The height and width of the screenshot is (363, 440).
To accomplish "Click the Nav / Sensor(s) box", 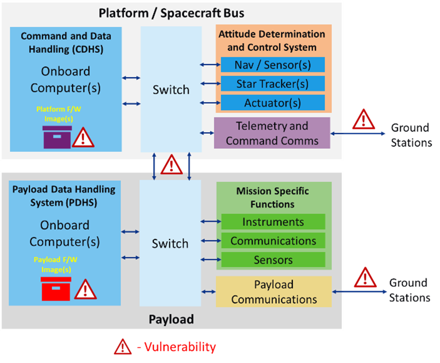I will (273, 65).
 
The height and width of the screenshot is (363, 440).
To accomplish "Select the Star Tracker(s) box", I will (273, 84).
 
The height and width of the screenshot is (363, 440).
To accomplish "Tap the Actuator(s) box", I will (273, 103).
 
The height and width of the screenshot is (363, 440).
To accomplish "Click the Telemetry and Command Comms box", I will (272, 133).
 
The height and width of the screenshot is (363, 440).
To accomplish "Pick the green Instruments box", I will (273, 222).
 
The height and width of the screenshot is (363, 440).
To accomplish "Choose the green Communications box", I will (273, 241).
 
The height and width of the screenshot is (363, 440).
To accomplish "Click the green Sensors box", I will (273, 260).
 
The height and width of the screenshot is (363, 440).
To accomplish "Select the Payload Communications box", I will (274, 291).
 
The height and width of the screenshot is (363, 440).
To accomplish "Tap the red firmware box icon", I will (56, 289).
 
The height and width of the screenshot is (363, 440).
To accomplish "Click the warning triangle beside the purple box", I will (83, 138).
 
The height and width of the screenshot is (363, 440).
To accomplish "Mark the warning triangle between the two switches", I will (172, 165).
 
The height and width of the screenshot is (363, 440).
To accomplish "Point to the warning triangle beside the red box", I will (85, 289).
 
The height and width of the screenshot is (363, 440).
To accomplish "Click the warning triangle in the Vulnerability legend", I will (123, 347).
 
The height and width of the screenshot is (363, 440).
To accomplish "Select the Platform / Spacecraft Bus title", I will (172, 13).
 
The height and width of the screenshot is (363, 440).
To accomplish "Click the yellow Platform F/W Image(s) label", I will (58, 114).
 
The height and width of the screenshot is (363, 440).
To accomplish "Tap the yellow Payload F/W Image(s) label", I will (56, 264).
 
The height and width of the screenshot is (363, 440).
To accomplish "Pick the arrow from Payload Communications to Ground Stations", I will (360, 291).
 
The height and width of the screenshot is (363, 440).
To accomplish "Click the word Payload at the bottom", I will (171, 319).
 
